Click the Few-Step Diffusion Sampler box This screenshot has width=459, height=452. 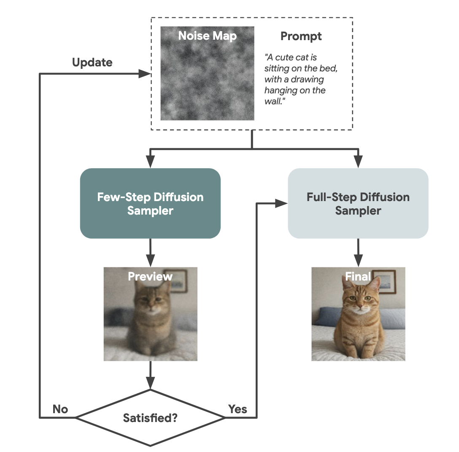tap(150, 203)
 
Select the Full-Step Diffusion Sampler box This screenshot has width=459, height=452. tap(358, 203)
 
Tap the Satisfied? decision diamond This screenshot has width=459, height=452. tap(150, 418)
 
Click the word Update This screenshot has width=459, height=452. tap(92, 63)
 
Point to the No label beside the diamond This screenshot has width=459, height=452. tap(60, 409)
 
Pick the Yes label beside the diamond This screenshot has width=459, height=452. tap(238, 409)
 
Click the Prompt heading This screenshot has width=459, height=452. tap(301, 36)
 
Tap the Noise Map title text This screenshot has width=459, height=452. tap(207, 36)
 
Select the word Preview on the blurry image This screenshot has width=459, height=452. tap(150, 277)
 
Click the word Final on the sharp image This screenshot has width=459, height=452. tap(358, 277)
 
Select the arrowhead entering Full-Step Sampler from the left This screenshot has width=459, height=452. tap(282, 204)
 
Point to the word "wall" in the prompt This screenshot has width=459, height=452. tap(273, 102)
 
